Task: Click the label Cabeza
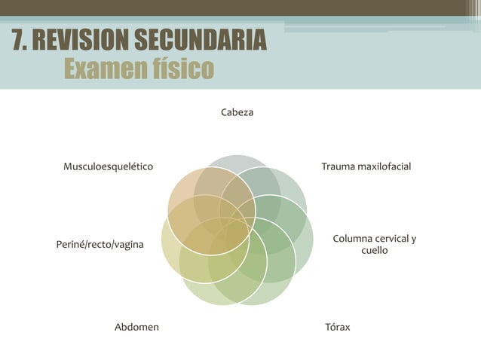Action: tap(237, 112)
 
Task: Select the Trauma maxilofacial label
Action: tap(366, 166)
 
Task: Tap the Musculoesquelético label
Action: tap(109, 166)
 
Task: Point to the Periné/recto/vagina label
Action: tap(100, 245)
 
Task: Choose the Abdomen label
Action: tap(136, 327)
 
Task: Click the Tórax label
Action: tap(338, 327)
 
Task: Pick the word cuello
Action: tap(374, 250)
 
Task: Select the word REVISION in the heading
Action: tap(81, 39)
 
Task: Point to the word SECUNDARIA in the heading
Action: tap(201, 39)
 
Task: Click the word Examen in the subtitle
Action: tap(104, 69)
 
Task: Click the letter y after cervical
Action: tap(413, 239)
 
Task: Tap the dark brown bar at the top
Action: tap(233, 8)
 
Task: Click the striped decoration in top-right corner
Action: tap(474, 11)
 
